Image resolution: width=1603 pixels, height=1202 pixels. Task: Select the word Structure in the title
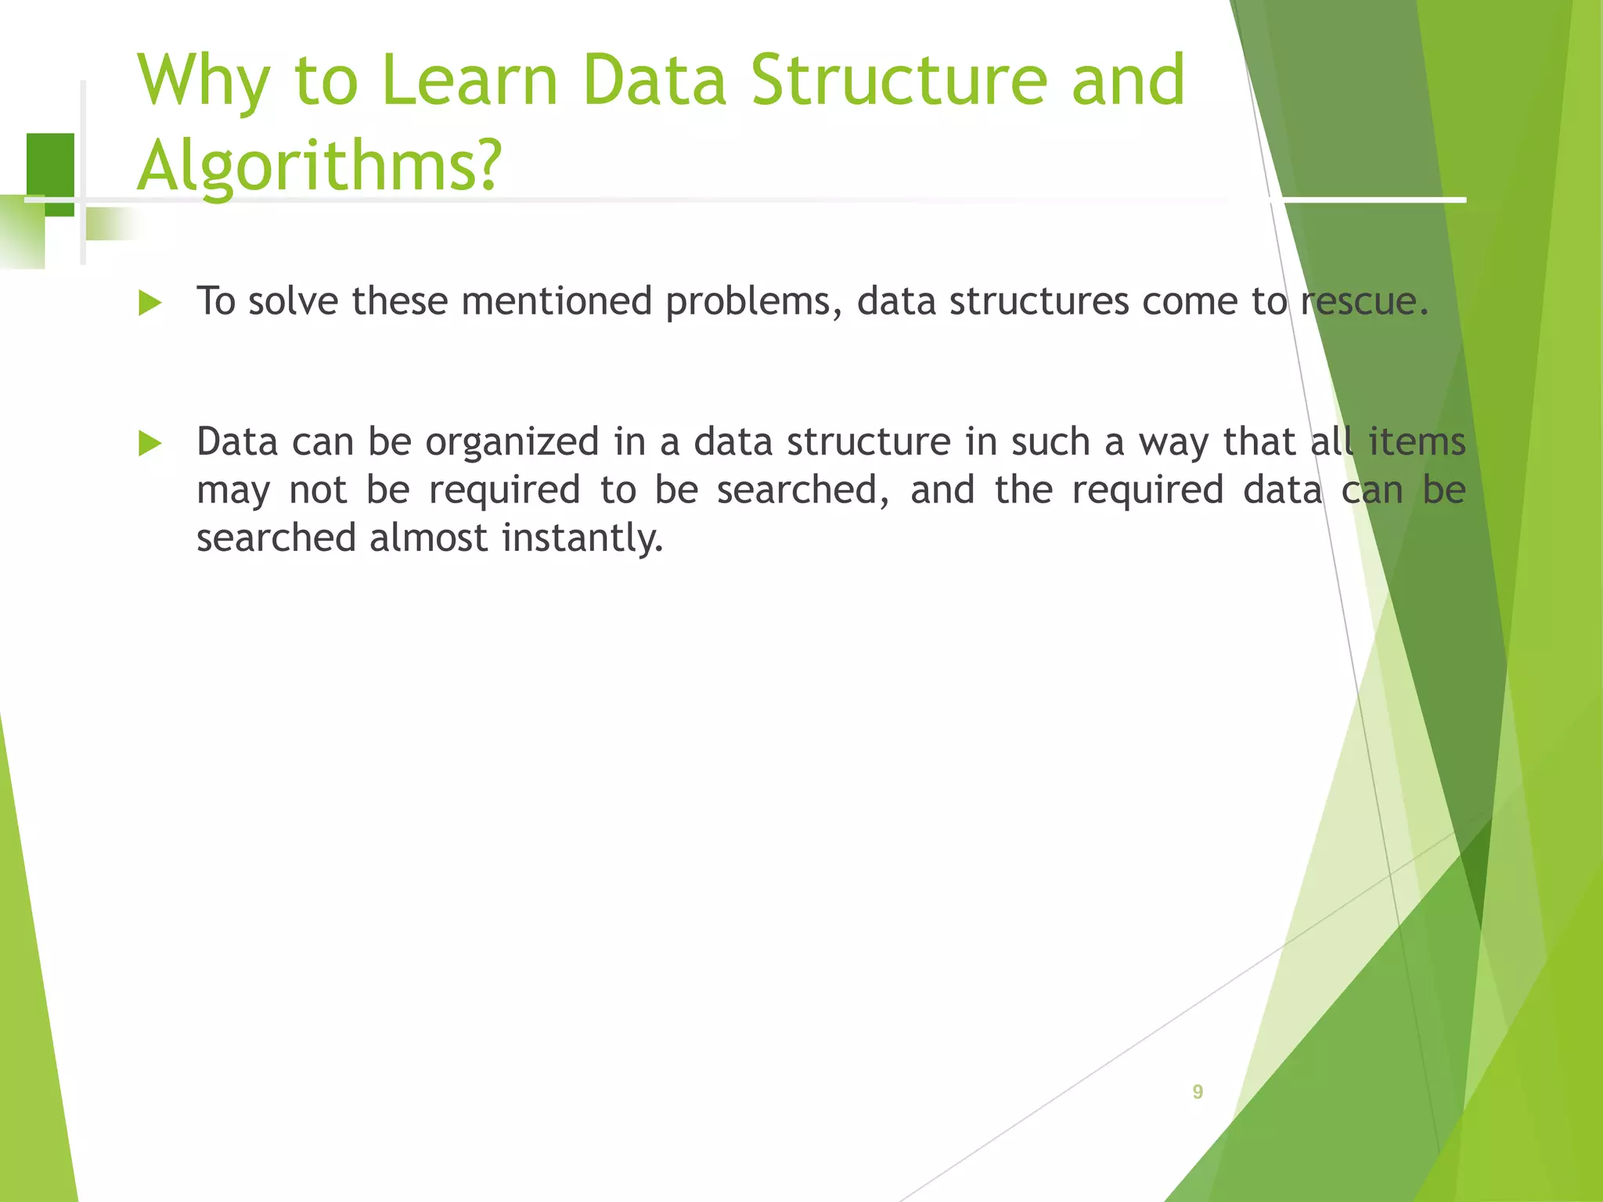[x=899, y=80]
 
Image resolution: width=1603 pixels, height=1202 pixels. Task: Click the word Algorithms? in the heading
[x=319, y=166]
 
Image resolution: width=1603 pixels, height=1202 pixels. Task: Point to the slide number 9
[x=1198, y=1092]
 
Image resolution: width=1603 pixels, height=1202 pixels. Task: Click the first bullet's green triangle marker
[x=149, y=303]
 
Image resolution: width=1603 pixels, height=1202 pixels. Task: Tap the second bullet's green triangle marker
[x=149, y=444]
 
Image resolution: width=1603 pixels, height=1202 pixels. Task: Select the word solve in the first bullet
[x=293, y=301]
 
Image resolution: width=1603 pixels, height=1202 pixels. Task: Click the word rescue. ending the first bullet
[x=1365, y=301]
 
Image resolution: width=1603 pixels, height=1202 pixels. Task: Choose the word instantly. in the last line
[x=582, y=539]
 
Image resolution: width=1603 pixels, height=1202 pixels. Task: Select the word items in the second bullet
[x=1417, y=442]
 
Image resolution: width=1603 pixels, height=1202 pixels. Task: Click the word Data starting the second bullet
[x=237, y=442]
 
